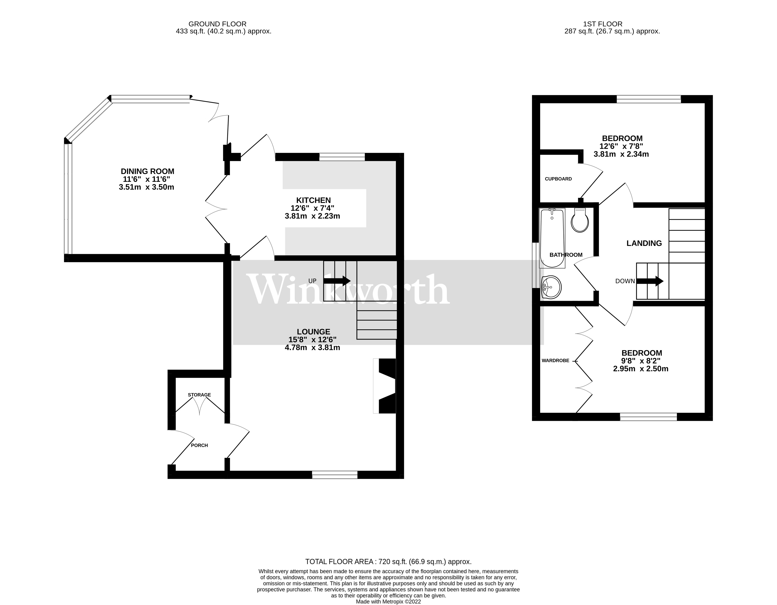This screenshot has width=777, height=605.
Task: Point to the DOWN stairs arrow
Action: (x=650, y=281)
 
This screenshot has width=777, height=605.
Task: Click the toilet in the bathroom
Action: (x=580, y=220)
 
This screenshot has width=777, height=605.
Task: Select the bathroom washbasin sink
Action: (x=551, y=287)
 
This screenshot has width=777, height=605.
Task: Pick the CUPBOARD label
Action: (x=558, y=179)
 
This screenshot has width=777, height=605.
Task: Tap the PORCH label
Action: (x=199, y=445)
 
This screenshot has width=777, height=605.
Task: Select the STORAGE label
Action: (x=199, y=395)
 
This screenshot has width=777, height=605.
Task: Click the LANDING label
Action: (x=644, y=243)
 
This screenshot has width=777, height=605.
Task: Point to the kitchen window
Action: (x=342, y=157)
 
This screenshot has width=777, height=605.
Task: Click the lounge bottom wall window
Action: (x=334, y=475)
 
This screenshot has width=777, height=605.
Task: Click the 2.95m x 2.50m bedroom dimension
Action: (x=640, y=369)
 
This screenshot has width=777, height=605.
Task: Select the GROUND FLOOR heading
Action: (x=217, y=24)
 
